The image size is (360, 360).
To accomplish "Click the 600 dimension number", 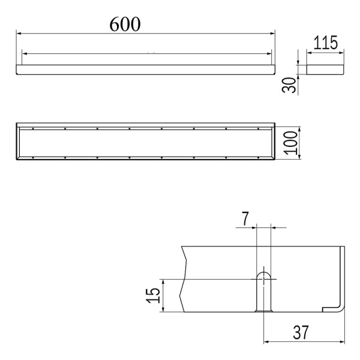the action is [x=125, y=24].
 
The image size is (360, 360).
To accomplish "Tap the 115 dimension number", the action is [x=325, y=43].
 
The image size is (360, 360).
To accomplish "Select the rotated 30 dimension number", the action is [x=289, y=85].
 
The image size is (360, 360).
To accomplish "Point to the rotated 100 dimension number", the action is [x=290, y=143].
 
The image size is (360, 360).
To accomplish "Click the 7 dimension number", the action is [x=245, y=218].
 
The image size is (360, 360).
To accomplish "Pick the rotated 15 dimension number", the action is [x=153, y=295].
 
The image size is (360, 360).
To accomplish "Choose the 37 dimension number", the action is [x=301, y=332].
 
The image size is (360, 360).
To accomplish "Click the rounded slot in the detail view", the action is [x=263, y=292].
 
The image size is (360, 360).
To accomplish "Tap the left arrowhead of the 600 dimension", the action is [x=19, y=34].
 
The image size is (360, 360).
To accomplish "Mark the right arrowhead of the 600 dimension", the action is [x=272, y=34].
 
